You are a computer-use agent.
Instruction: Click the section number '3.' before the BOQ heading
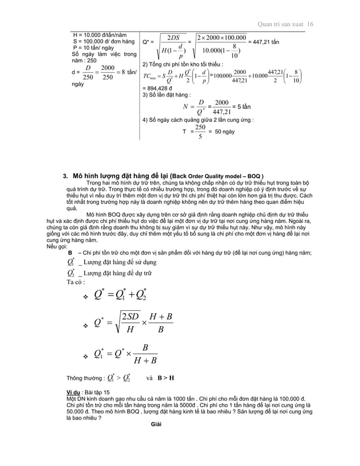[65, 175]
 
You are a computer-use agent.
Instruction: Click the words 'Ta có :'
[76, 282]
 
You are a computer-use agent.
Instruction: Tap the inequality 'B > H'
[164, 378]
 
